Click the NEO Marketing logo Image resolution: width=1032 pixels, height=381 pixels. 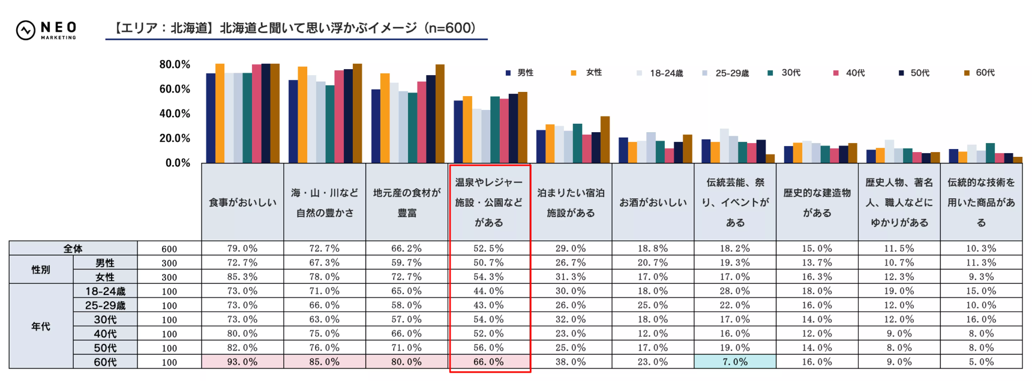pos(46,29)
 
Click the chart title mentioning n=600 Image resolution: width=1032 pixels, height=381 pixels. pos(296,28)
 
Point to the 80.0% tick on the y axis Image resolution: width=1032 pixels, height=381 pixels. pos(175,64)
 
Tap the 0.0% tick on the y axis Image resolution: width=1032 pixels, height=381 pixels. pos(178,163)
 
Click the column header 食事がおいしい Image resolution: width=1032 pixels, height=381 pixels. pos(242,203)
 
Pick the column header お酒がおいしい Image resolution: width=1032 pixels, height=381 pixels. pos(653,203)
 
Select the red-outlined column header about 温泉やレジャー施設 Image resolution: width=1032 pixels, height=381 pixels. pos(489,203)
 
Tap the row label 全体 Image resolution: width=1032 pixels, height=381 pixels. pos(73,248)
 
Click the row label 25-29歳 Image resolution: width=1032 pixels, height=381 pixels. pos(105,305)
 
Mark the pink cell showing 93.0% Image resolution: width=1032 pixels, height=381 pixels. pos(242,362)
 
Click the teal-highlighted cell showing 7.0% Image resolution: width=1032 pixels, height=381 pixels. pos(735,362)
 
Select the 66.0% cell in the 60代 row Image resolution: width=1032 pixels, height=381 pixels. pos(489,362)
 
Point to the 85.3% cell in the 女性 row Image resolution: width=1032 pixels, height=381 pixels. pos(242,277)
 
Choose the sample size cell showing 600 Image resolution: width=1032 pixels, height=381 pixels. pos(169,249)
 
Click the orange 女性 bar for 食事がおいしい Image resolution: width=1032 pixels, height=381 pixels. pos(220,114)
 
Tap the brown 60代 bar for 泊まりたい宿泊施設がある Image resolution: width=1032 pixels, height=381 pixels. pos(605,140)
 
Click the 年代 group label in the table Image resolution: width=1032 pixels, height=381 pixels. pos(41,326)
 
